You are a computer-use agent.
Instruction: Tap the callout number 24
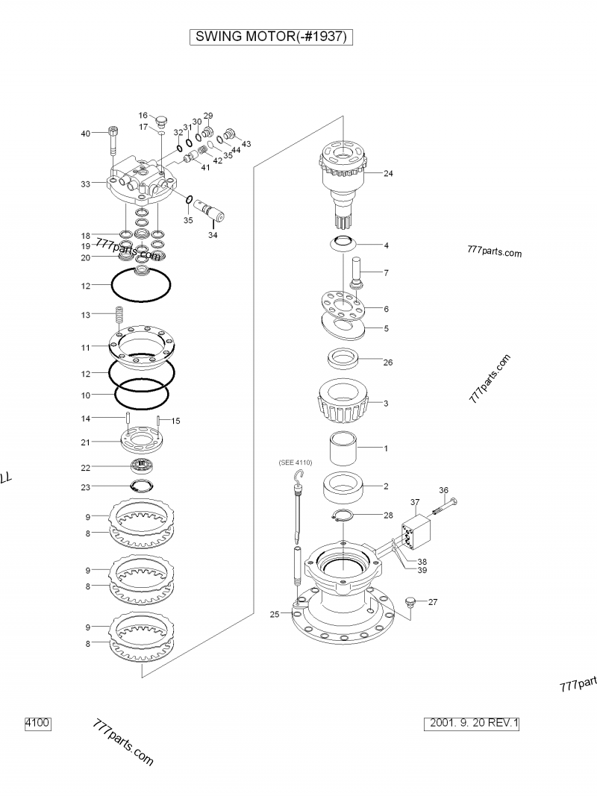[388, 174]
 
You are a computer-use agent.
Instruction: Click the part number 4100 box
[37, 723]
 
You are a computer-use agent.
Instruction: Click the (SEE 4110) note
[296, 463]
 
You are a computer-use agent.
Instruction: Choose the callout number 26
[387, 363]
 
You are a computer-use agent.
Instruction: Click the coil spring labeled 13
[116, 316]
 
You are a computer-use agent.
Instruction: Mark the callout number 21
[86, 442]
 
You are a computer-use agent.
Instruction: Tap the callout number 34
[213, 235]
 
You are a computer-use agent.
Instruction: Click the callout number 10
[86, 395]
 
